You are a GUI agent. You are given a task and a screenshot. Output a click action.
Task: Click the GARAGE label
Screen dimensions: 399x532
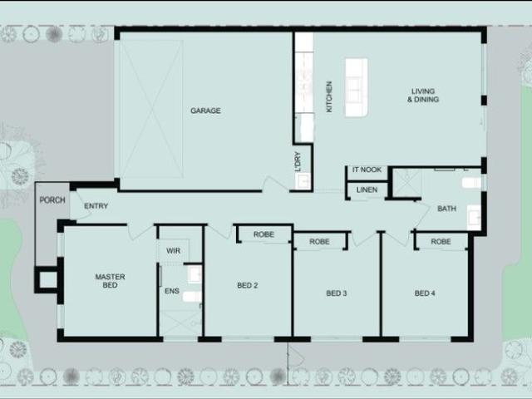(205, 111)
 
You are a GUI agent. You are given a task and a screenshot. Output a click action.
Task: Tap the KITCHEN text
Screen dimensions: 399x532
(329, 97)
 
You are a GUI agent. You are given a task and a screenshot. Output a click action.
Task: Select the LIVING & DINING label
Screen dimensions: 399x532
(423, 96)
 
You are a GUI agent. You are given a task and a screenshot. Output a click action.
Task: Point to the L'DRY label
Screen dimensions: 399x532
(298, 160)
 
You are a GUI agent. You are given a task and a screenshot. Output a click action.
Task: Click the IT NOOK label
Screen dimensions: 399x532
(367, 170)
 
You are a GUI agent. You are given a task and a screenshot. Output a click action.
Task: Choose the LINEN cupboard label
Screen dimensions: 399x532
(367, 190)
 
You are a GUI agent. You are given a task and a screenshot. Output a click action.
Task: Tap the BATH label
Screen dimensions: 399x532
(446, 208)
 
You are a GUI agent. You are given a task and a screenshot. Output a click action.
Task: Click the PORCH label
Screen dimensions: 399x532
(52, 200)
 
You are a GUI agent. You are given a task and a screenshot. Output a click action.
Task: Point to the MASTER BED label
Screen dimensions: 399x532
(110, 281)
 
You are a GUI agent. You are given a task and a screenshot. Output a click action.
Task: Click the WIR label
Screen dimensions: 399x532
(173, 250)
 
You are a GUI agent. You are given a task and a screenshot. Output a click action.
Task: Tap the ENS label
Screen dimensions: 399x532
(172, 291)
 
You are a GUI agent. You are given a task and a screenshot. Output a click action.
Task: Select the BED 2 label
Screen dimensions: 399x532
(247, 286)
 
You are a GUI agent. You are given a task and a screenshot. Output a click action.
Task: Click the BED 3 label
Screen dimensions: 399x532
(336, 293)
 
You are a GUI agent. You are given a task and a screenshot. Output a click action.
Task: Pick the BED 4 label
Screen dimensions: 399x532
(425, 293)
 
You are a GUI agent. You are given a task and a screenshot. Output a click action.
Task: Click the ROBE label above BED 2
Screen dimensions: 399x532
(264, 235)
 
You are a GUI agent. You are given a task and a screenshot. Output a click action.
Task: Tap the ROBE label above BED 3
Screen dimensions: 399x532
(319, 242)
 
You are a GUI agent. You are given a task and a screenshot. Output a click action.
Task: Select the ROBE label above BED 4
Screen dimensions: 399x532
(441, 242)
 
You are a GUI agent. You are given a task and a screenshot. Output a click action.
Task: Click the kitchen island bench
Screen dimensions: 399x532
(356, 87)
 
